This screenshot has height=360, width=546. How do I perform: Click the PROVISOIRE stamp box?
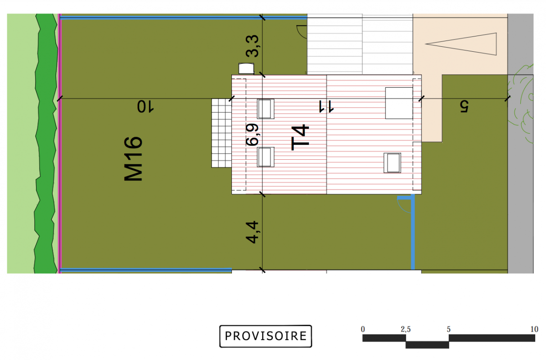click(266, 336)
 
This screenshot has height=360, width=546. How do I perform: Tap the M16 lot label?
click(133, 159)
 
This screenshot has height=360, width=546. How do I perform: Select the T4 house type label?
click(300, 137)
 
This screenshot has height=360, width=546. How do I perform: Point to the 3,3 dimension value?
click(252, 46)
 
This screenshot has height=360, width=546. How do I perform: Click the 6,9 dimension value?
click(252, 135)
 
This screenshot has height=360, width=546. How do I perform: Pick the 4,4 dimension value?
click(252, 232)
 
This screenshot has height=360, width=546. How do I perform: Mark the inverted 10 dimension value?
click(145, 107)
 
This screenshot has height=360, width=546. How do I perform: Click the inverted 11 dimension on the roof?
click(326, 107)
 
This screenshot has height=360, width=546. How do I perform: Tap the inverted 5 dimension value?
click(465, 107)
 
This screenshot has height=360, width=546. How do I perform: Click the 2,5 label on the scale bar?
click(406, 329)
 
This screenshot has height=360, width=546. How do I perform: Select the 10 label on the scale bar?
click(534, 329)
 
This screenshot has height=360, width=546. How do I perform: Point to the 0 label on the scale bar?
click(363, 329)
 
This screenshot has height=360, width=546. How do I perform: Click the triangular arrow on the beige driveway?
click(461, 44)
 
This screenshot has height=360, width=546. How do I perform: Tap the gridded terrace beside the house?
click(221, 133)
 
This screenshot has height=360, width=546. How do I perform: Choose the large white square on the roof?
click(399, 103)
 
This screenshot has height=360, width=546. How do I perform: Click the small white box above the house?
click(246, 68)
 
